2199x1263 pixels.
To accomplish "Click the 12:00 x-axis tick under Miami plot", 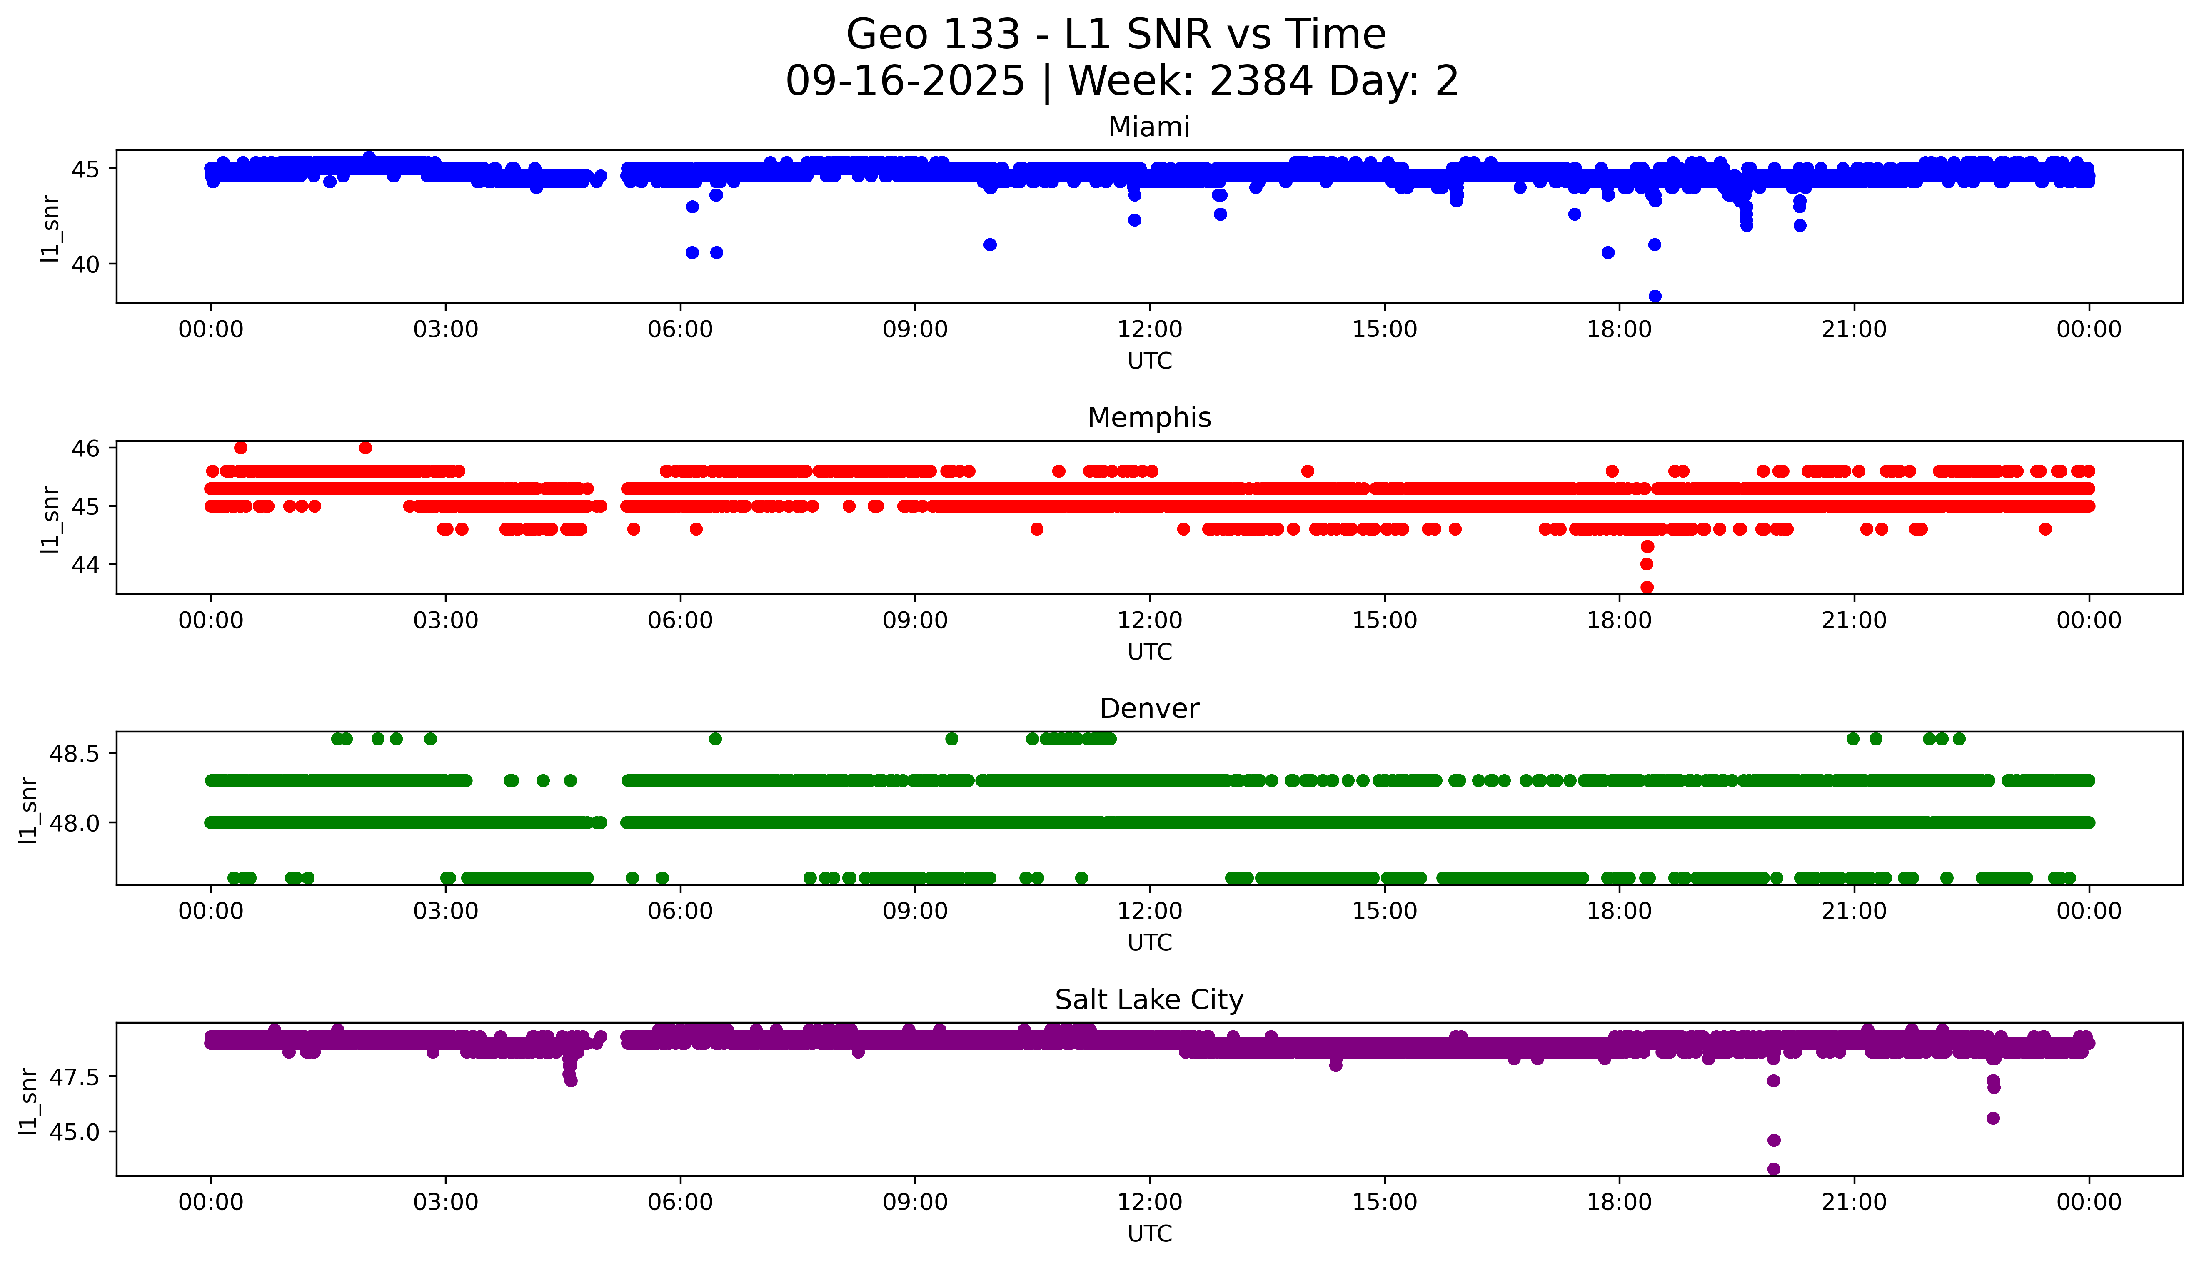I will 1149,330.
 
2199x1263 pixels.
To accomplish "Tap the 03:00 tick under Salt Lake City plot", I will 445,1202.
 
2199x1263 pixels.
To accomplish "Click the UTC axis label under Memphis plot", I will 1149,651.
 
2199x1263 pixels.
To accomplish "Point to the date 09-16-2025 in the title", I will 905,82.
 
